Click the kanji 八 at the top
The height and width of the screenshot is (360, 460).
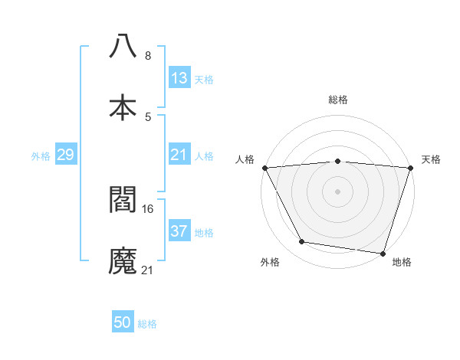pos(123,46)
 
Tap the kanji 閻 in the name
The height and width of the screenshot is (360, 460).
pos(123,198)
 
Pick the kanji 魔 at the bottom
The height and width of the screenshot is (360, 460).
pos(123,260)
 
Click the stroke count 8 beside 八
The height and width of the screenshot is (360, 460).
pos(147,56)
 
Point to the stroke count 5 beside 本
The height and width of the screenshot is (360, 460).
pos(147,117)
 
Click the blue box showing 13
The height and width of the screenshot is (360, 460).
pos(179,77)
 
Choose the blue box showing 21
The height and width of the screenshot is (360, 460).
pos(179,155)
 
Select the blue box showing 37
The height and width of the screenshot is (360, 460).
pos(179,231)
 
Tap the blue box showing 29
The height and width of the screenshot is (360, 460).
pos(65,155)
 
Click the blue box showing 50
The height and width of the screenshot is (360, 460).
pos(123,322)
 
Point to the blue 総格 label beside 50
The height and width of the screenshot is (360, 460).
pos(147,324)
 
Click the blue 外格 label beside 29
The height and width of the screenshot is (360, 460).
pos(41,156)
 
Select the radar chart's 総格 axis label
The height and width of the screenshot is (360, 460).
pos(337,100)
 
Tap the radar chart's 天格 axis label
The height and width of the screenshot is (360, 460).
pos(431,159)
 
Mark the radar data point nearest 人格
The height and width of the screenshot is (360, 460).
pos(264,168)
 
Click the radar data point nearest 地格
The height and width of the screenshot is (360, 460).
pos(383,253)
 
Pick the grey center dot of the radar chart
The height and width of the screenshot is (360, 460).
pos(337,191)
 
